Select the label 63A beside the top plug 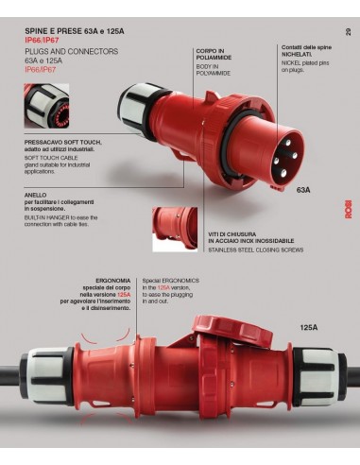pyautogui.click(x=304, y=190)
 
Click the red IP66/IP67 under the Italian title pyautogui.click(x=41, y=41)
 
